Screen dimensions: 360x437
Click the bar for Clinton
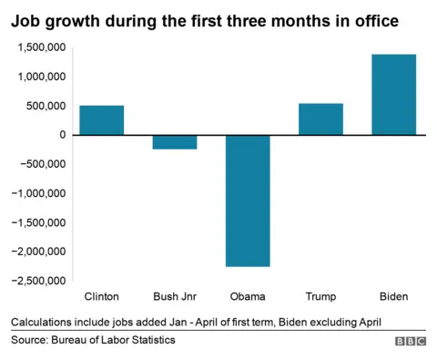click(102, 120)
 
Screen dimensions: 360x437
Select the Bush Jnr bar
click(175, 142)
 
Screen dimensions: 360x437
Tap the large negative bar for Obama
click(248, 201)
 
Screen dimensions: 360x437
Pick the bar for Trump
click(320, 119)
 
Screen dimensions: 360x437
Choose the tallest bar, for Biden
click(393, 95)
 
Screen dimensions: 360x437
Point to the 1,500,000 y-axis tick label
click(39, 48)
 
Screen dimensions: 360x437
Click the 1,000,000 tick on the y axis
click(39, 77)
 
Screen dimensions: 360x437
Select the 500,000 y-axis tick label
click(45, 107)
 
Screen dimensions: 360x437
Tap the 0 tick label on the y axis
click(62, 135)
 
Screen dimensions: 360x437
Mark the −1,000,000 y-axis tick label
click(36, 193)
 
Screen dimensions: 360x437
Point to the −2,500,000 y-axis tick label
click(36, 281)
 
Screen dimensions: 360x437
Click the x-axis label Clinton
click(102, 297)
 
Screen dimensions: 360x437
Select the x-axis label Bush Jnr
click(175, 297)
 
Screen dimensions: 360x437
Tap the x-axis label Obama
click(248, 297)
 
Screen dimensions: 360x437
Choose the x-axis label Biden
click(393, 297)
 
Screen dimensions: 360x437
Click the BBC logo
click(410, 341)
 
